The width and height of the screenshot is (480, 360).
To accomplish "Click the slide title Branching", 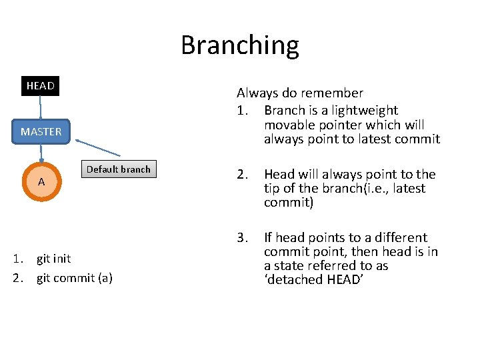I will (x=239, y=45).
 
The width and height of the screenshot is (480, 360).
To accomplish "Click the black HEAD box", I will (x=40, y=86).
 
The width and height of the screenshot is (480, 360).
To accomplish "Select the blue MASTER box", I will (x=41, y=131).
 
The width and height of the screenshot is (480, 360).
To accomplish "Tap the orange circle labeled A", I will (x=41, y=181).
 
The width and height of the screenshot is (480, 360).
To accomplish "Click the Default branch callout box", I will (x=119, y=169).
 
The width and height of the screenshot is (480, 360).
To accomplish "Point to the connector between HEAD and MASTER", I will (x=41, y=108).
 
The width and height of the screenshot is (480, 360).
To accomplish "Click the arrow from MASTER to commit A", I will (x=41, y=152).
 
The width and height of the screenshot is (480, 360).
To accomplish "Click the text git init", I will (x=53, y=259).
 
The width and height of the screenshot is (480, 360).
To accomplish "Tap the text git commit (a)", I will (x=74, y=278).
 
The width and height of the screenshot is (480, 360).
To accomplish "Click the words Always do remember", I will (x=300, y=93).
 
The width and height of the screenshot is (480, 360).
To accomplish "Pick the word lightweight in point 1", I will (x=365, y=111).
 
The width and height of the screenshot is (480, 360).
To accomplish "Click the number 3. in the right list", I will (x=242, y=237).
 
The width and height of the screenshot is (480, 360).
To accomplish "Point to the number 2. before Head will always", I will (x=242, y=175).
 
